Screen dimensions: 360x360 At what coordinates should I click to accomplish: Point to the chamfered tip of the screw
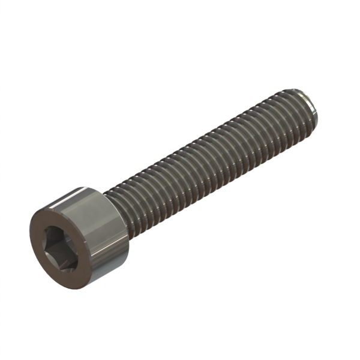(309, 108)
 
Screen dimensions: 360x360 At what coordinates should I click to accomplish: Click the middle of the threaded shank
(210, 156)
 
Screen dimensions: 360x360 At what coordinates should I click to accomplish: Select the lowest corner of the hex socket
(59, 268)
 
